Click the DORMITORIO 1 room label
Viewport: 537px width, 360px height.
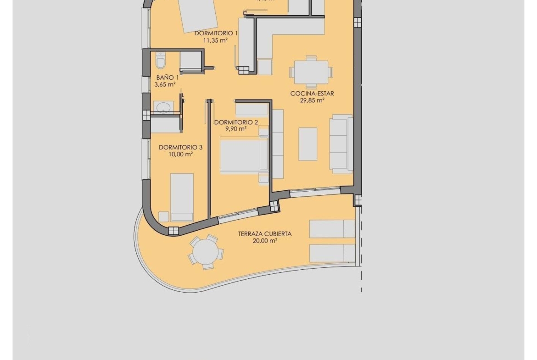216,33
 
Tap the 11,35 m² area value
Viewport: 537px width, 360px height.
215,40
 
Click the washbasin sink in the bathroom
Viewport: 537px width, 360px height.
163,107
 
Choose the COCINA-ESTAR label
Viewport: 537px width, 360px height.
312,94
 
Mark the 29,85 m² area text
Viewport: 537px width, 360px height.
312,100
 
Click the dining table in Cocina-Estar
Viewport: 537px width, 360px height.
311,72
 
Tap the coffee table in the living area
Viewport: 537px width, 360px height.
308,144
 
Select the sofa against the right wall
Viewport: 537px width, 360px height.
341,144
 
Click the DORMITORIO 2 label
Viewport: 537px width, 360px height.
236,122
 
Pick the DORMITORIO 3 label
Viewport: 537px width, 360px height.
180,147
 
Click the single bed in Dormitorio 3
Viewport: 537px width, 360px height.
182,196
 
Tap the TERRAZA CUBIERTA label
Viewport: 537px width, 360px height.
264,233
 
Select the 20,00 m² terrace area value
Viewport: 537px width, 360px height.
264,240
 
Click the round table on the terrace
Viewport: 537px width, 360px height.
206,252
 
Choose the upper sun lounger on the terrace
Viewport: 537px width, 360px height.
332,229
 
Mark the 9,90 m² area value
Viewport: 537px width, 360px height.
236,129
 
